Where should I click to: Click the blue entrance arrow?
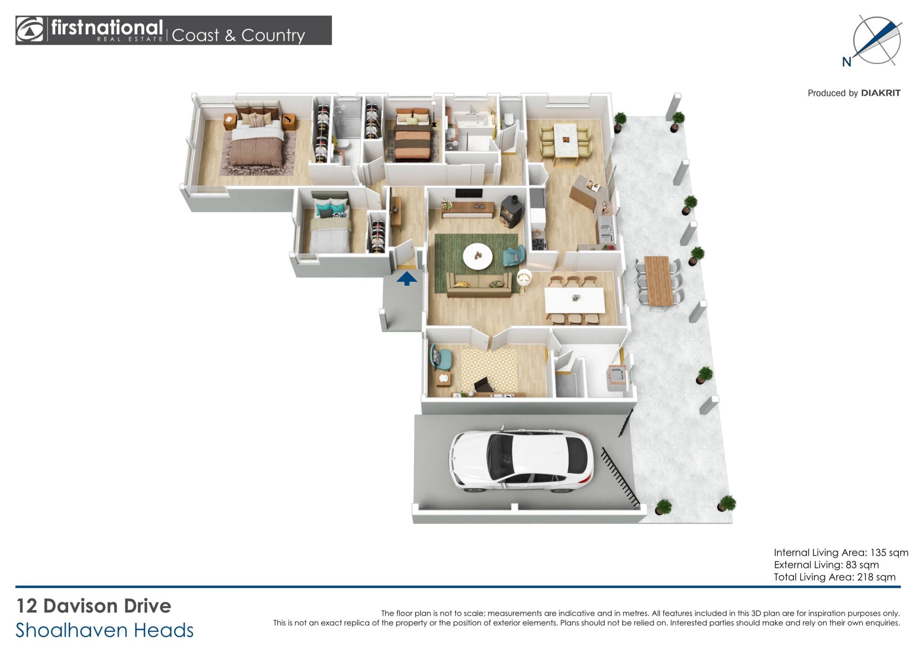tap(406, 278)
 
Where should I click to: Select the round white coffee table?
tap(478, 257)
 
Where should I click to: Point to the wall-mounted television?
tap(469, 193)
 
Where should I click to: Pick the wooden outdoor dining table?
tap(658, 281)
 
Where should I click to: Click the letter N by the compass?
tap(847, 62)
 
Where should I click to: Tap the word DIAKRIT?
tap(881, 93)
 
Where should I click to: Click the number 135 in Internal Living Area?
tap(878, 553)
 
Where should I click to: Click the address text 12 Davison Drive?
tap(94, 606)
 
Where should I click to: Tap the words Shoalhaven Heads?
tap(104, 630)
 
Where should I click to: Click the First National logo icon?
tap(30, 30)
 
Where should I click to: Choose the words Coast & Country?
tap(238, 35)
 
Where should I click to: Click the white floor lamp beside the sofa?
tap(524, 277)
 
